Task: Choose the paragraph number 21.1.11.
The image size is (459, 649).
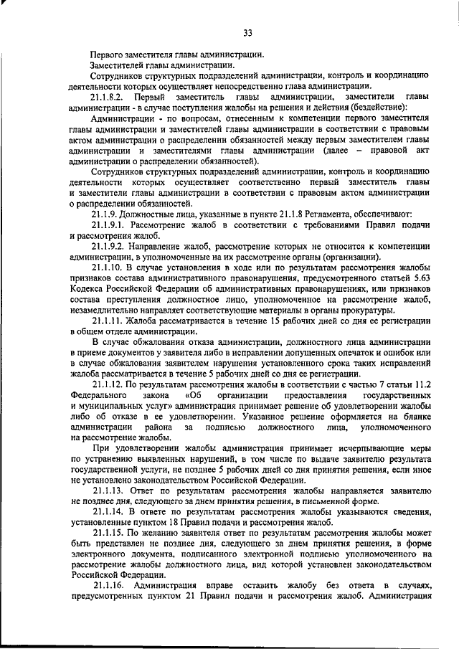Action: coord(108,320)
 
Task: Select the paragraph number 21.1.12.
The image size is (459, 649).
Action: coord(108,384)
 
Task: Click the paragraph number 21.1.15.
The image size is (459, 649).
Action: coord(108,534)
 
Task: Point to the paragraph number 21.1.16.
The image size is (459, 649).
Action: coord(108,587)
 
